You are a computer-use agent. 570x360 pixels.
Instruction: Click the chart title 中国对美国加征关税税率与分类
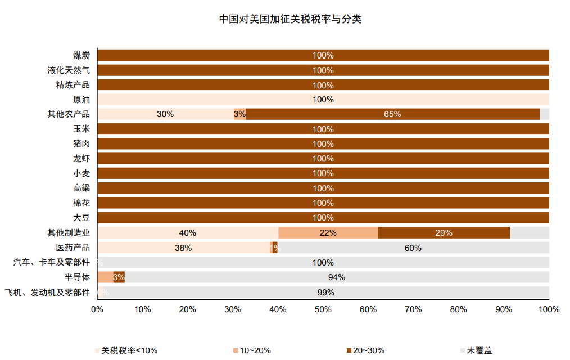(290, 19)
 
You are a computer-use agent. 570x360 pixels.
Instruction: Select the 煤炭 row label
(82, 55)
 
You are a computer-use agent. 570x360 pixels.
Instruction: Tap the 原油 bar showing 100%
(323, 100)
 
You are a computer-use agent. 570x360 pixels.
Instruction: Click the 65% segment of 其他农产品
(392, 114)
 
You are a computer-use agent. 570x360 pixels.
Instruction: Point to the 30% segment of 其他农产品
(165, 114)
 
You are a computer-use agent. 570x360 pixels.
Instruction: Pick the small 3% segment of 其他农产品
(240, 114)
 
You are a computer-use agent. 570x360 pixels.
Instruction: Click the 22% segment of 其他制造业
(328, 232)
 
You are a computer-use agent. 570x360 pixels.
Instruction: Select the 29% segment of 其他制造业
(444, 232)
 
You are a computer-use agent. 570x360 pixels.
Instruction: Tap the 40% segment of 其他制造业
(188, 232)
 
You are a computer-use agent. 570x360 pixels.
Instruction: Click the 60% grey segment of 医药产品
(413, 247)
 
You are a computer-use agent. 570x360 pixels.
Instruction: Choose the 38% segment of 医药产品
(183, 247)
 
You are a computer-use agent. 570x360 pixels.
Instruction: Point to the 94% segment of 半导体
(337, 277)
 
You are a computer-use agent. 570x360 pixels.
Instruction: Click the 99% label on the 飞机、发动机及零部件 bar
(325, 292)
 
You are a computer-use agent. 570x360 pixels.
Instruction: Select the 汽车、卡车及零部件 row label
(51, 262)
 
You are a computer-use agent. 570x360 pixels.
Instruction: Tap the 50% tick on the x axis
(323, 309)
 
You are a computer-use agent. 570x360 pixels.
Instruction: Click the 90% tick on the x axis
(504, 309)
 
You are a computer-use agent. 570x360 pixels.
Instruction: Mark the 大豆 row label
(82, 218)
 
